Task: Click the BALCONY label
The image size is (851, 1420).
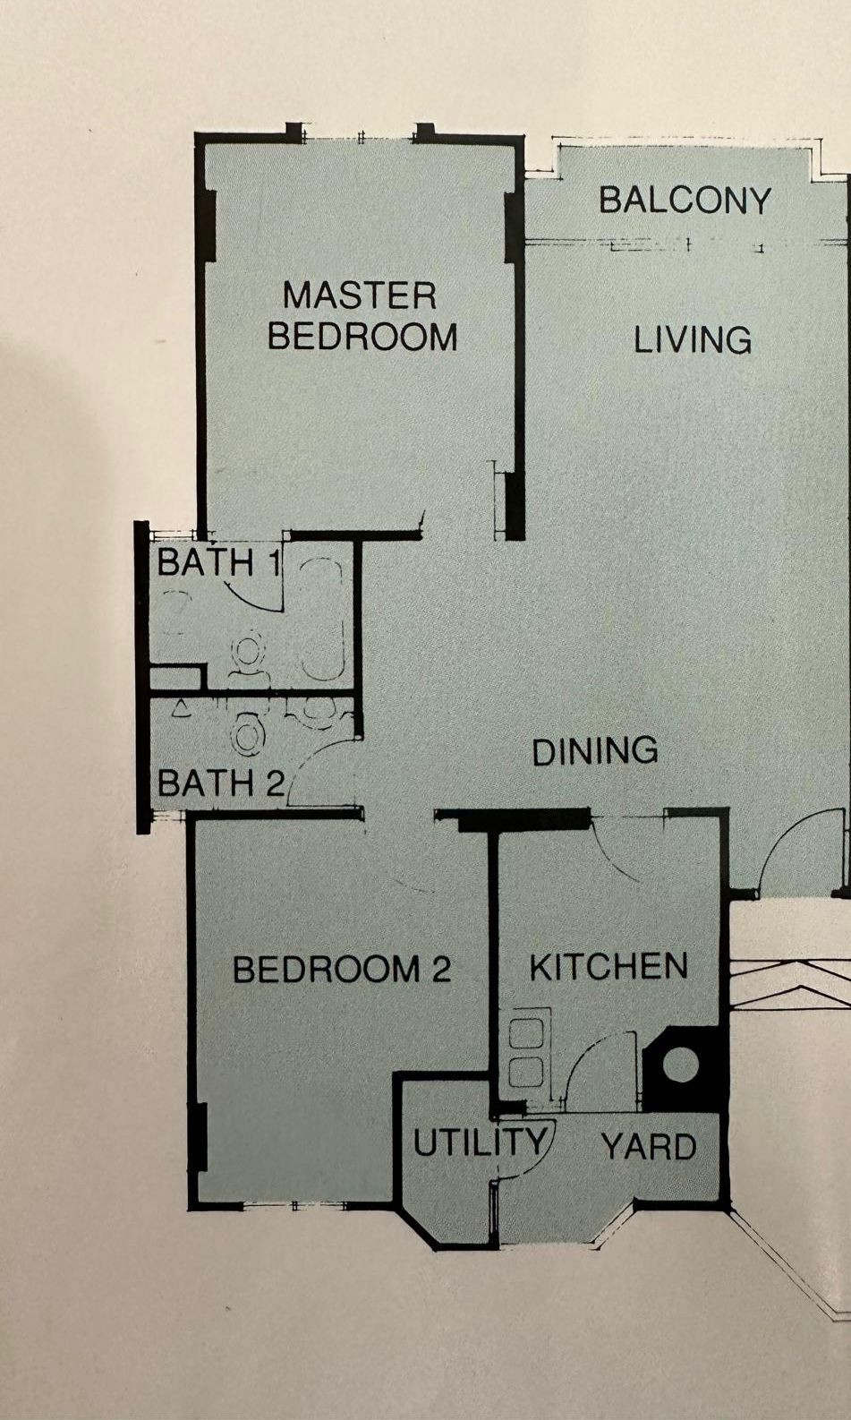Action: point(685,201)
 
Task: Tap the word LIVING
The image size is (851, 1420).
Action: point(693,339)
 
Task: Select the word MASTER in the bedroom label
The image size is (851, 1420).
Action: point(360,295)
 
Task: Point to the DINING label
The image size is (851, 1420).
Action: point(595,750)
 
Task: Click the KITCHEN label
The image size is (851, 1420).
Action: point(608,967)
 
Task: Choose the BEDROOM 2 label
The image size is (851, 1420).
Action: point(342,970)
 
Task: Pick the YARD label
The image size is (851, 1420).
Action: point(648,1147)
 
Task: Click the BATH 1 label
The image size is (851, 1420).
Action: point(218,561)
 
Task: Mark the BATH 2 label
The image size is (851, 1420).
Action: point(221,783)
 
